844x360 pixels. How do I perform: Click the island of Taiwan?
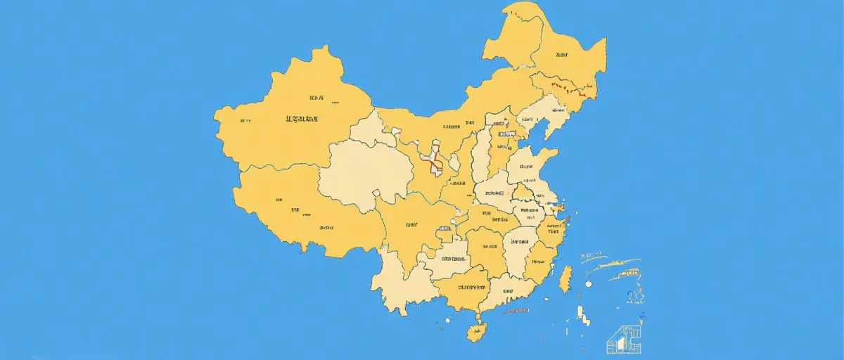pyautogui.click(x=564, y=278)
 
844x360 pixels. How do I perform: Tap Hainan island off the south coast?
pyautogui.click(x=478, y=331)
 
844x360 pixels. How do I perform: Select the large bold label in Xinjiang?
pyautogui.click(x=302, y=119)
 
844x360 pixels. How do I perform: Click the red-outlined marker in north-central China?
pyautogui.click(x=433, y=162)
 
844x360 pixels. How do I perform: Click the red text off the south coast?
pyautogui.click(x=517, y=310)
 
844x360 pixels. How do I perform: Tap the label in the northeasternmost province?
pyautogui.click(x=561, y=54)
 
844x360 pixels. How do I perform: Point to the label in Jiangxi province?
pyautogui.click(x=519, y=241)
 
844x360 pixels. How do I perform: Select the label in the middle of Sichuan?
pyautogui.click(x=411, y=225)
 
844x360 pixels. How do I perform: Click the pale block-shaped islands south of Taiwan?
pyautogui.click(x=583, y=315)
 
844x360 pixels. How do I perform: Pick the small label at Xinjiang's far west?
pyautogui.click(x=244, y=121)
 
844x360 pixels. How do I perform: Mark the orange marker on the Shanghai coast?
pyautogui.click(x=560, y=209)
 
